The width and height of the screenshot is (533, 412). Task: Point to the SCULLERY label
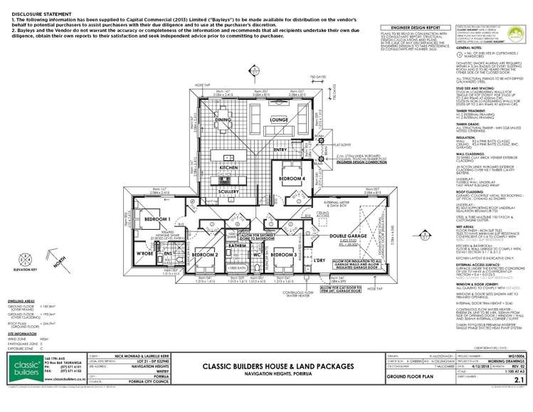228,191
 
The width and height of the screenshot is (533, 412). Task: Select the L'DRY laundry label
320,260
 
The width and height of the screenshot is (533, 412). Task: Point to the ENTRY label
280,149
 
